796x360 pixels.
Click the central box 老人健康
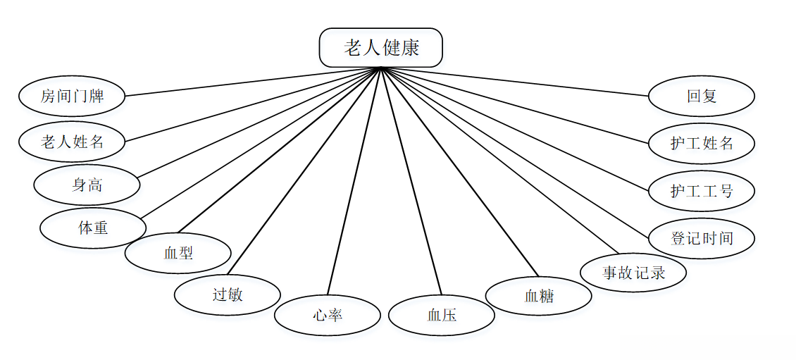point(381,48)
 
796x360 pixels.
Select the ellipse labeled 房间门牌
point(72,96)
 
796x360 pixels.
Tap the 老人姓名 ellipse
point(72,142)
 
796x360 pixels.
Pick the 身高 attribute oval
point(87,185)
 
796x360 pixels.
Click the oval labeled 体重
point(93,228)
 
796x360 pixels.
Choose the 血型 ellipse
point(178,253)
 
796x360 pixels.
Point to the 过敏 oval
point(227,294)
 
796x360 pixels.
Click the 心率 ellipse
point(328,315)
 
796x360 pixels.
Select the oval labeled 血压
point(442,315)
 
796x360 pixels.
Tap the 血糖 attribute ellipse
point(539,296)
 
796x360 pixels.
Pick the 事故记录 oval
point(633,272)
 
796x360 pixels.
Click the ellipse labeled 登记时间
point(702,238)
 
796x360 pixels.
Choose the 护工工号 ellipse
point(702,191)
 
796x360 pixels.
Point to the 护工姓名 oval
point(702,143)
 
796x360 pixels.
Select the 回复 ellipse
point(702,96)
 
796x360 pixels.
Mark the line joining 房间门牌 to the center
point(254,82)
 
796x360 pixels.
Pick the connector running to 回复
point(514,81)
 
